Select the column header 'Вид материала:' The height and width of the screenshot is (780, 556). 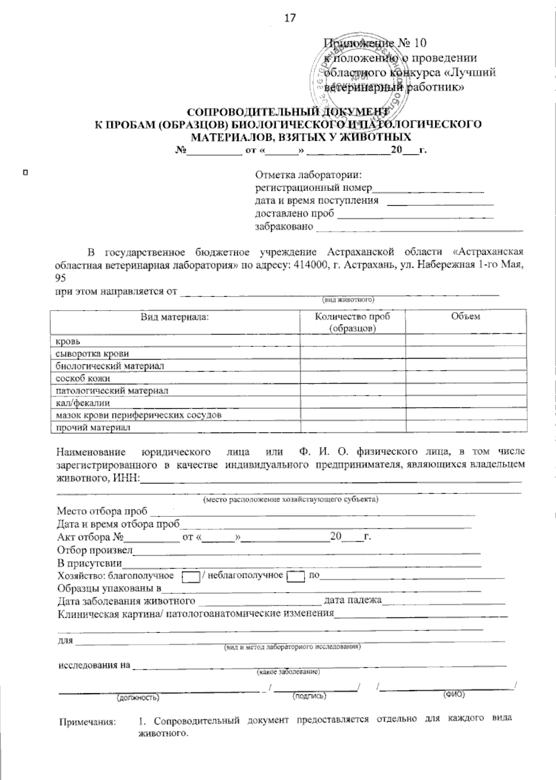(175, 317)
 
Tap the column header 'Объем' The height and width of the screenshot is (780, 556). (465, 317)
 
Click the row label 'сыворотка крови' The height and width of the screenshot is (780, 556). (92, 354)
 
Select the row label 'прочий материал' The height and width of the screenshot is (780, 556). (93, 427)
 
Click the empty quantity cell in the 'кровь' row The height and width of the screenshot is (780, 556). (353, 341)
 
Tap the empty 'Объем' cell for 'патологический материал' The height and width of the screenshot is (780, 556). (466, 390)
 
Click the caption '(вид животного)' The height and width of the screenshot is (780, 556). (348, 300)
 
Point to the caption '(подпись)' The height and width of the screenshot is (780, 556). (310, 696)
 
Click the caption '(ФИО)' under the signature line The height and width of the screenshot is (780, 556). (454, 694)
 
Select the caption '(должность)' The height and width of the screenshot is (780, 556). (138, 697)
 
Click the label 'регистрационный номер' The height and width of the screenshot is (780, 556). (314, 188)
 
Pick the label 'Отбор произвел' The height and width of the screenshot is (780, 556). (95, 551)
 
